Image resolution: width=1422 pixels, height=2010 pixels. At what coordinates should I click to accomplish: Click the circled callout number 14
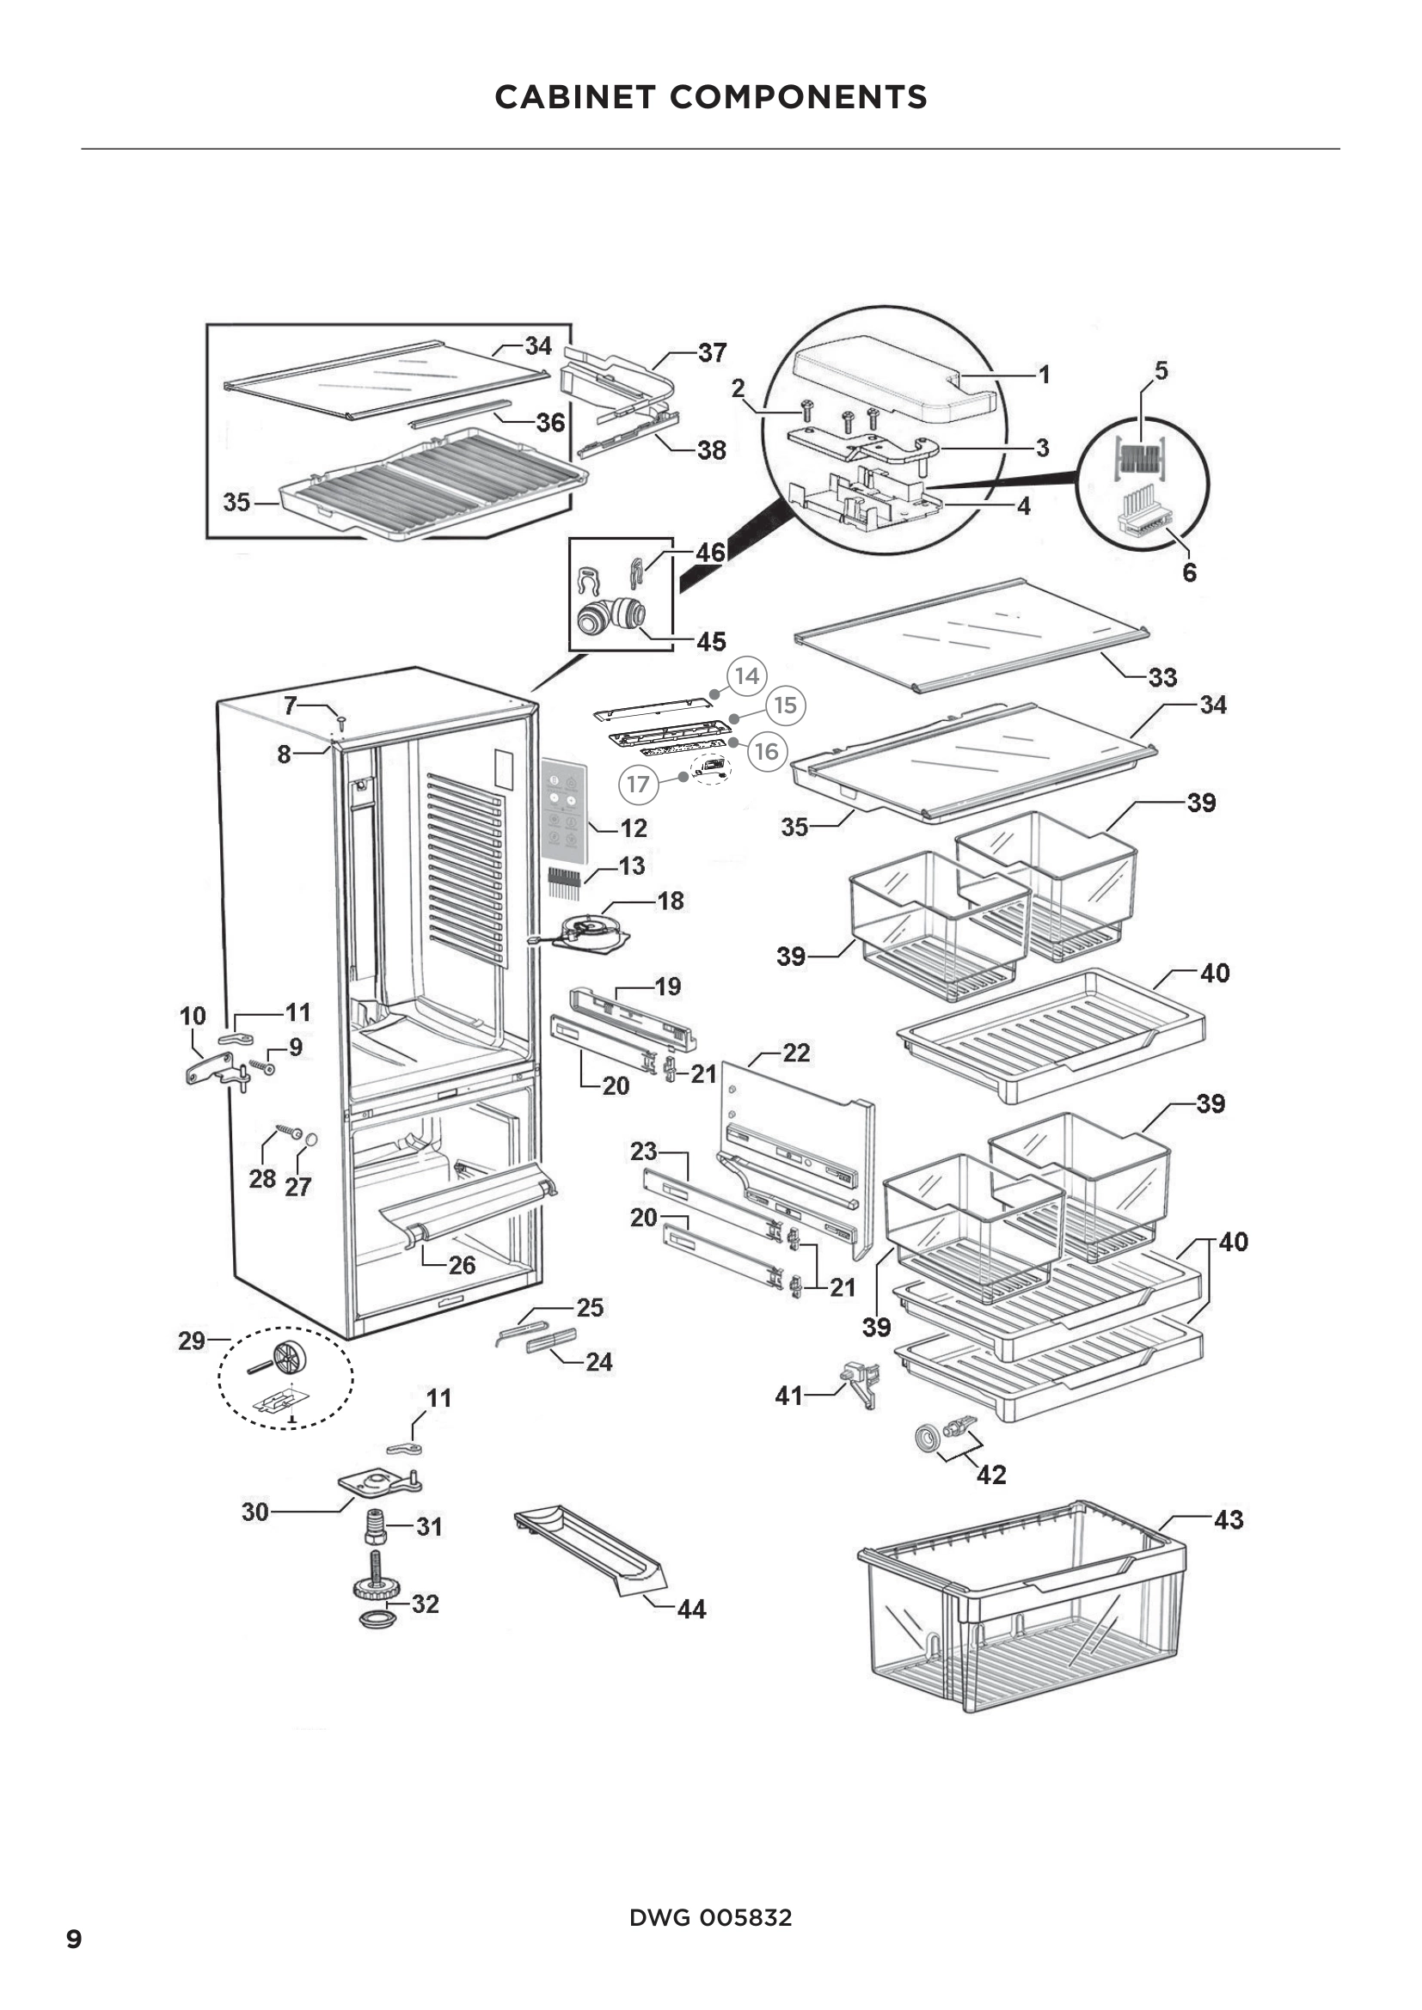click(747, 675)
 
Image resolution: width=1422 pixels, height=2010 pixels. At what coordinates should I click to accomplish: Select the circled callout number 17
click(638, 784)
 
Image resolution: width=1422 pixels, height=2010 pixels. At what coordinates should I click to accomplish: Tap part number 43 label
click(1229, 1520)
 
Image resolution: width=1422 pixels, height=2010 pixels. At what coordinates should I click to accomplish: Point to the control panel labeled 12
click(562, 807)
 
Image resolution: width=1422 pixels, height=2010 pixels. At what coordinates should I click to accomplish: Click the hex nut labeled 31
click(376, 1528)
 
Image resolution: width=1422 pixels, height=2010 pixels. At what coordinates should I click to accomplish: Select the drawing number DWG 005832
click(710, 1917)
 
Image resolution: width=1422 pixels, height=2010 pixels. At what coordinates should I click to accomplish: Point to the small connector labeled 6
click(1143, 522)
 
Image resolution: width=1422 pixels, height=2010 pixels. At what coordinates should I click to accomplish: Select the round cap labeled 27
click(310, 1139)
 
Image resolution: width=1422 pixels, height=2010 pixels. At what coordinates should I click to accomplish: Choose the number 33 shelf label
click(1162, 676)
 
